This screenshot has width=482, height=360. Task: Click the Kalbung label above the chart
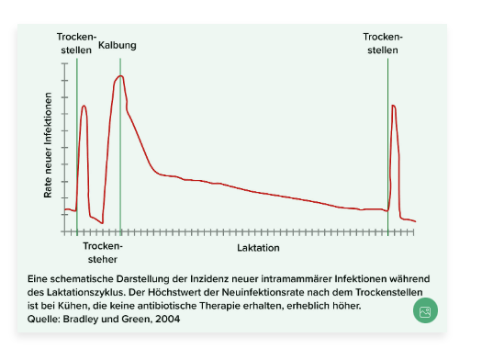(x=118, y=44)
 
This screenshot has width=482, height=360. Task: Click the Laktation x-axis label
(x=258, y=248)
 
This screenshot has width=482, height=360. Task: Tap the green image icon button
(x=424, y=312)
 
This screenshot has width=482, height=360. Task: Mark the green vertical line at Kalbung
(x=120, y=147)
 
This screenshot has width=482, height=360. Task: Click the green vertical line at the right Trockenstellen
(x=387, y=147)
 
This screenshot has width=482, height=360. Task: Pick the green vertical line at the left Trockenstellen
(x=77, y=147)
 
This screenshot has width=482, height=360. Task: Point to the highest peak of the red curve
(x=119, y=76)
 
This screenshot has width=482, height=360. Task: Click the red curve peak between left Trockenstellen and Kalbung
(x=84, y=106)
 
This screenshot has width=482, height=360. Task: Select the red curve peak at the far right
(x=393, y=106)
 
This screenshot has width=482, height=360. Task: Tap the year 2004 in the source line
(x=167, y=319)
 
